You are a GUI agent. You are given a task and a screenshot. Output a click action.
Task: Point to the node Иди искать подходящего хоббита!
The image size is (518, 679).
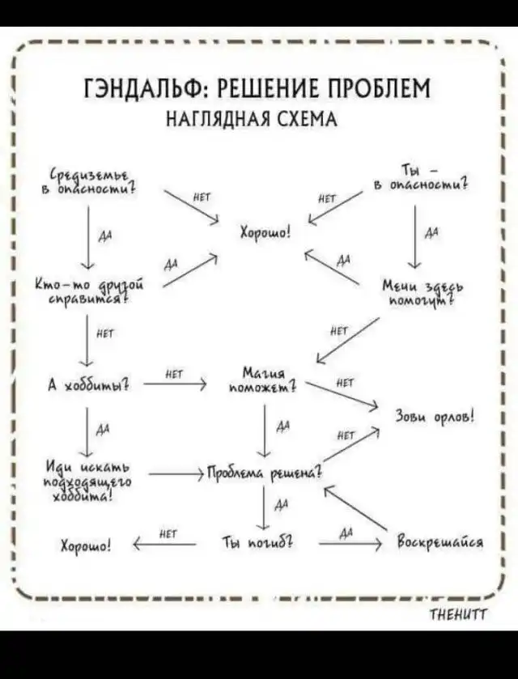pos(89,478)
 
